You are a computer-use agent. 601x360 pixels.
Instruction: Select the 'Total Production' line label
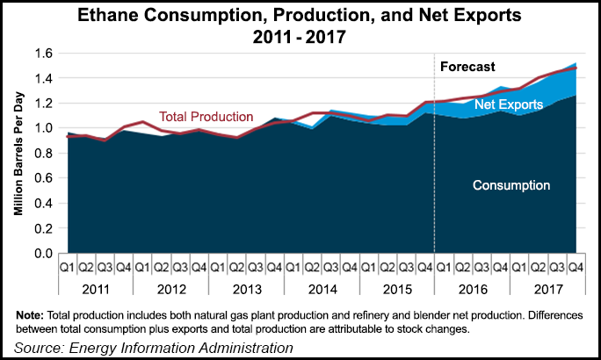point(206,116)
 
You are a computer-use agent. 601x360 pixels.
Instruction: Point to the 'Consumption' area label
point(510,185)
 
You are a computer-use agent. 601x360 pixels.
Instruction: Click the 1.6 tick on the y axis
point(43,54)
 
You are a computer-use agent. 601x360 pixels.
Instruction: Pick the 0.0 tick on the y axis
point(43,254)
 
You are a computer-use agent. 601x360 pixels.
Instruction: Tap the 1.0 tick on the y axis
point(43,128)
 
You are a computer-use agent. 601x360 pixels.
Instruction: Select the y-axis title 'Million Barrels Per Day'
point(18,153)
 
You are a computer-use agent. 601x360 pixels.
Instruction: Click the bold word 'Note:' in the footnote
point(32,314)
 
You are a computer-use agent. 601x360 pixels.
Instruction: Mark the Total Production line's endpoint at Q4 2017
point(577,67)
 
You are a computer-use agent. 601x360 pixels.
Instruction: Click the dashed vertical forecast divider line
point(435,176)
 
